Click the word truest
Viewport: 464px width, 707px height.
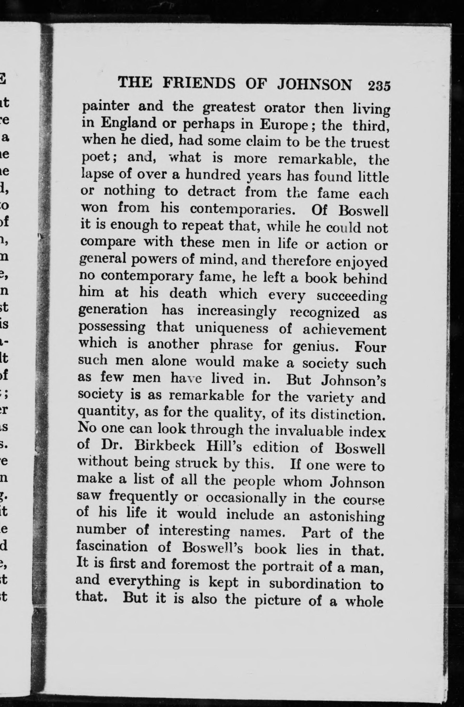tap(370, 143)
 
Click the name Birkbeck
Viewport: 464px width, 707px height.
tap(165, 446)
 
